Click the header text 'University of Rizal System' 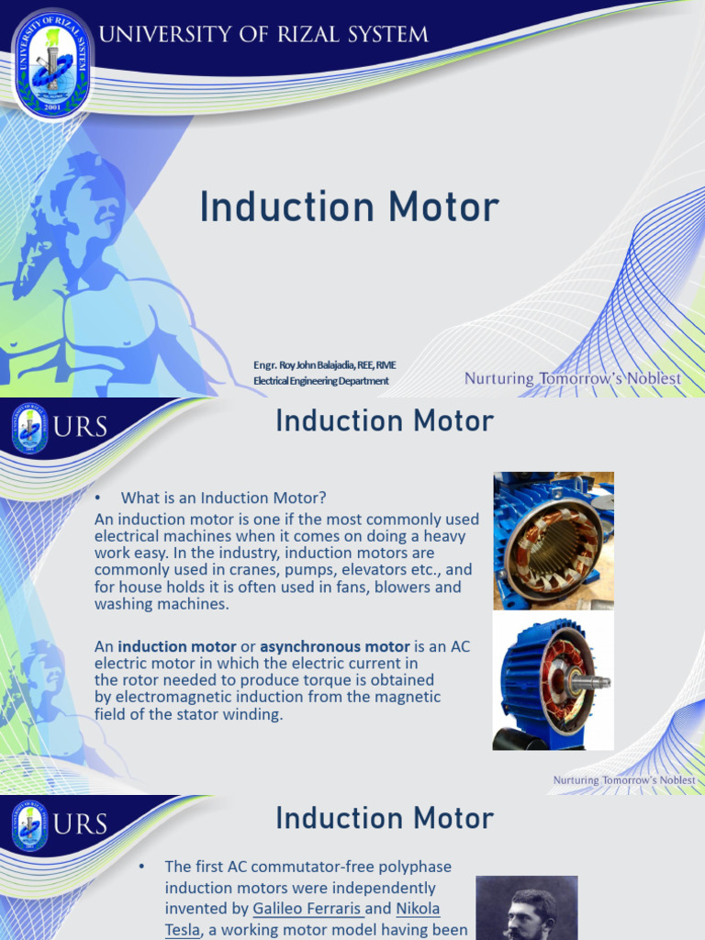[263, 36]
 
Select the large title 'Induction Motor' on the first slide [349, 207]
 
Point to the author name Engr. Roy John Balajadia [325, 365]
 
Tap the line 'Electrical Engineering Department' [320, 381]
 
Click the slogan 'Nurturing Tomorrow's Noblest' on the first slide [572, 378]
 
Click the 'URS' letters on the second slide [81, 427]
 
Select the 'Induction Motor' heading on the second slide [385, 421]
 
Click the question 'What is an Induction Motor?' [224, 498]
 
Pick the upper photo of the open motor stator [553, 541]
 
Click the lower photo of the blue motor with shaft [553, 682]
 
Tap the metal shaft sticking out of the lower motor [595, 682]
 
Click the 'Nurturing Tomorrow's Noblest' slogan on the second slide [623, 780]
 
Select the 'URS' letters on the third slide [81, 823]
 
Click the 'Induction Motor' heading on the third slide [385, 818]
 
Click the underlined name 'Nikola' [418, 909]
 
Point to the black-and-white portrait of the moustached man [527, 909]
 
